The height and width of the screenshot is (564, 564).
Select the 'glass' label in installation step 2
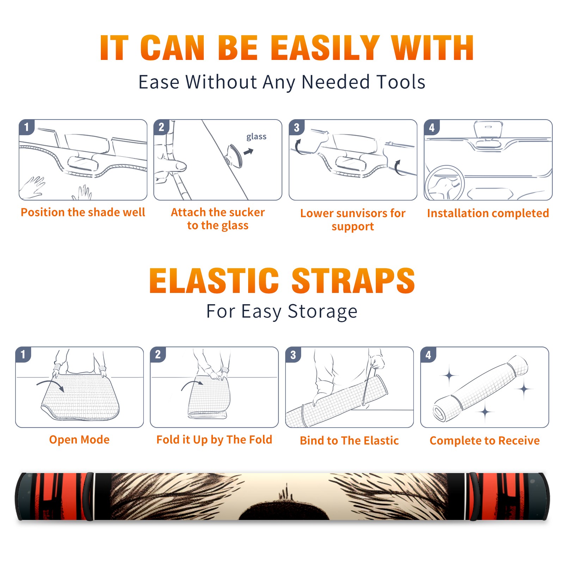tap(256, 137)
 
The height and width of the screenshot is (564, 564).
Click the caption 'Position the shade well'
tap(83, 212)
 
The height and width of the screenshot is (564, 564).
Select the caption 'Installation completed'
tap(488, 213)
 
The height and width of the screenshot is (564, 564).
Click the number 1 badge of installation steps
tap(27, 127)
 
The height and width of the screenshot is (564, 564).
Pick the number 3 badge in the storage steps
tap(293, 355)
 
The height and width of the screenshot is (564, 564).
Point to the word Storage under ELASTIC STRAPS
tap(323, 312)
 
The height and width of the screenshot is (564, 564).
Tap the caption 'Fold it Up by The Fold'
tap(214, 440)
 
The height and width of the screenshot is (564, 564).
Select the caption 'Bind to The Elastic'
tap(349, 441)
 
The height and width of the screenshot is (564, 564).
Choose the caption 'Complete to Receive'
tap(485, 441)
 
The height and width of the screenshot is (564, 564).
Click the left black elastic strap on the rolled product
tap(89, 497)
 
